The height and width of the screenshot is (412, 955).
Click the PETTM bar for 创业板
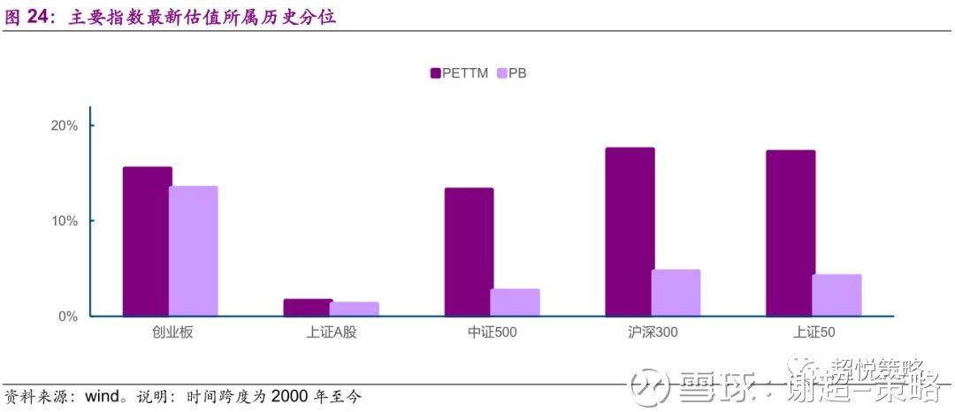(147, 241)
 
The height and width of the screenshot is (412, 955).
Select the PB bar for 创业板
(194, 251)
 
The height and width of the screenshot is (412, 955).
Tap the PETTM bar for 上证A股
(308, 308)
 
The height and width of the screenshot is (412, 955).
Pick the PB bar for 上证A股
(355, 309)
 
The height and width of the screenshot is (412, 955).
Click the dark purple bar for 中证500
(469, 252)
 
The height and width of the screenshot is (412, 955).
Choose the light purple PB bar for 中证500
(516, 302)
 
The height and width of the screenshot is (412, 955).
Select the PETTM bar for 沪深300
(630, 232)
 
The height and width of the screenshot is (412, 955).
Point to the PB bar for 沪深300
(676, 293)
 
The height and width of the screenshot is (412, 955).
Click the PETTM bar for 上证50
(791, 233)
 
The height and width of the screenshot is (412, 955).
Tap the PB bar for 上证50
(837, 295)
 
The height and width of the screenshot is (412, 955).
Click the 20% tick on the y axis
(65, 126)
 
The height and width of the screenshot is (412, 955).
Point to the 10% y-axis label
(65, 221)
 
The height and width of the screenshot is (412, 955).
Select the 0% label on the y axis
(68, 316)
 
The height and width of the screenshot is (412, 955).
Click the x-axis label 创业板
(170, 333)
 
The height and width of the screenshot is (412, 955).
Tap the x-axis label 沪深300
(653, 333)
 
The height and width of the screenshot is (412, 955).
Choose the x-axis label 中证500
(492, 333)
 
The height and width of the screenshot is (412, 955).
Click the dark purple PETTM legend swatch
(435, 73)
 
